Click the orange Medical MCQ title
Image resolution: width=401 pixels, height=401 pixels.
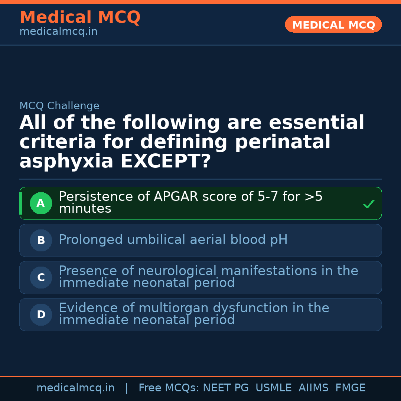(80, 17)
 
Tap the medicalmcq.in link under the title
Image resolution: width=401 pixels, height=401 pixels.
(58, 32)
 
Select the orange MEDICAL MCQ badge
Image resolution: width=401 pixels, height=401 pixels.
(333, 25)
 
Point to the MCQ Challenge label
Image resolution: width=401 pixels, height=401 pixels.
(59, 106)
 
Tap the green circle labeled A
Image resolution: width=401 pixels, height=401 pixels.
(41, 203)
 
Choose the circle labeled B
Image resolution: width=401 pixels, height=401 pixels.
(41, 240)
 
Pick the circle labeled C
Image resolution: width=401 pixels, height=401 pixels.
(41, 277)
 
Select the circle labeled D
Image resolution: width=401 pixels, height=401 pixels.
(41, 314)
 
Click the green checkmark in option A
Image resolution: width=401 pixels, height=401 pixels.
(368, 204)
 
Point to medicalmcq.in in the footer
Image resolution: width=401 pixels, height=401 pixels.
(75, 388)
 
